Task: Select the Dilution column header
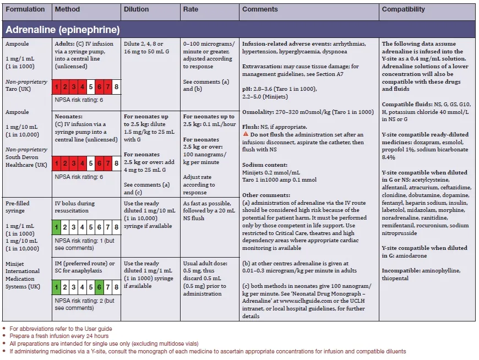pos(136,9)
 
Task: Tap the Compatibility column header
pos(404,9)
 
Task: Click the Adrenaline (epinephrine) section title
pos(62,29)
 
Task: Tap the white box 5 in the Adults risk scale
pos(90,86)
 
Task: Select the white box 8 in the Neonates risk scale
pos(116,163)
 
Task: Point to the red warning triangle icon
pos(246,135)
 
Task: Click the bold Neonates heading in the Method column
pos(70,117)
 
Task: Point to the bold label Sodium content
pos(264,165)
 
